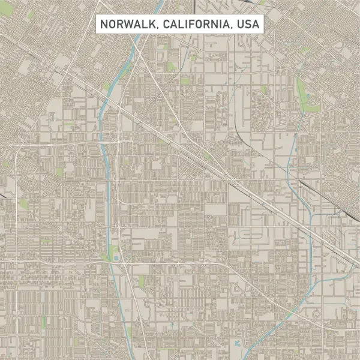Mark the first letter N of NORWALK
point(103,25)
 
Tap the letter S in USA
point(248,25)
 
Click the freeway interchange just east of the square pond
point(124,262)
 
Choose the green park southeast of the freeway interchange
point(141,281)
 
